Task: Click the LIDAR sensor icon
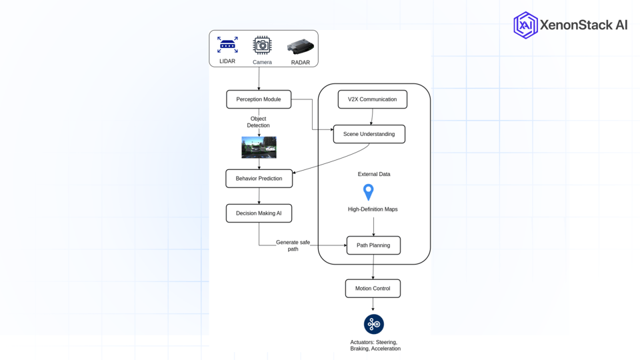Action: coord(227,45)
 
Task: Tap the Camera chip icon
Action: coord(262,45)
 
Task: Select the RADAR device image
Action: coord(300,47)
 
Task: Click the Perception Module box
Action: coord(259,99)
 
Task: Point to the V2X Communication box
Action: coord(372,99)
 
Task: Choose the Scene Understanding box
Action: coord(369,134)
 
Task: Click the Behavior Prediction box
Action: coord(259,179)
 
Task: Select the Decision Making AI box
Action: coord(259,213)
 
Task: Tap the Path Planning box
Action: coord(373,245)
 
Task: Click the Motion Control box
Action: coord(373,289)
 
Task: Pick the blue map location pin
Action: coord(368,192)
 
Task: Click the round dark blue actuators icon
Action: coord(373,324)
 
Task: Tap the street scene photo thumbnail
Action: coord(259,147)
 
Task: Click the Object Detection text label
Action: coord(259,122)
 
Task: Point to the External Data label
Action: coord(374,174)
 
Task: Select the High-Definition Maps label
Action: coord(373,209)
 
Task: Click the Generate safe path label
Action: coord(293,245)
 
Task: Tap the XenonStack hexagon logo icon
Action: coord(525,25)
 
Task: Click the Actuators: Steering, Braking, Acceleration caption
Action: coord(375,345)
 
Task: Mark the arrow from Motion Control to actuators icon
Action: coord(373,305)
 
